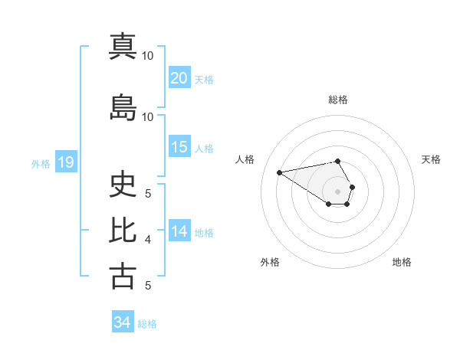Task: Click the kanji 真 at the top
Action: point(123,47)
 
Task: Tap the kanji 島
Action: point(123,107)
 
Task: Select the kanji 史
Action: point(123,184)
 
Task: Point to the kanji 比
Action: point(123,230)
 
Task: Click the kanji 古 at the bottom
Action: point(123,276)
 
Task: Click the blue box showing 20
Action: point(179,78)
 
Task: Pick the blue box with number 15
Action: point(179,148)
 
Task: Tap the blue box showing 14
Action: point(179,232)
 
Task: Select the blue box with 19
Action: point(65,162)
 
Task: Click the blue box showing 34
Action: point(123,322)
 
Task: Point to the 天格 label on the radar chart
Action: point(431,159)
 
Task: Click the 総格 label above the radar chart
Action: point(338,100)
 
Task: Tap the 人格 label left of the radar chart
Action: point(245,159)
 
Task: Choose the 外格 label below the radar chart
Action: point(270,263)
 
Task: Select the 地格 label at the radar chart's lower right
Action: point(402,263)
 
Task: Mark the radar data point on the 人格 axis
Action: point(280,172)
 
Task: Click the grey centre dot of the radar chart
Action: point(338,191)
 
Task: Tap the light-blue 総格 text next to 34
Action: point(147,324)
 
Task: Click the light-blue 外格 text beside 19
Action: point(40,164)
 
